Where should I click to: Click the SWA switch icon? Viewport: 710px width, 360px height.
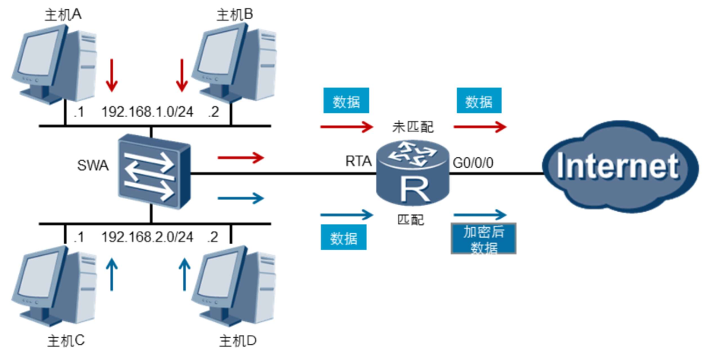tap(153, 173)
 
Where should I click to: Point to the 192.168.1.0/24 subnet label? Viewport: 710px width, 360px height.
tap(147, 112)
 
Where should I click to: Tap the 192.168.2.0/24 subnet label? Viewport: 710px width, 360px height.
tap(147, 237)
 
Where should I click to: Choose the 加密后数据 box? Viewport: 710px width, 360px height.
tap(483, 238)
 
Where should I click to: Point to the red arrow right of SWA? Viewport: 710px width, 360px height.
tap(241, 158)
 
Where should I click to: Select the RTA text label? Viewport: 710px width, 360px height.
tap(358, 161)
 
